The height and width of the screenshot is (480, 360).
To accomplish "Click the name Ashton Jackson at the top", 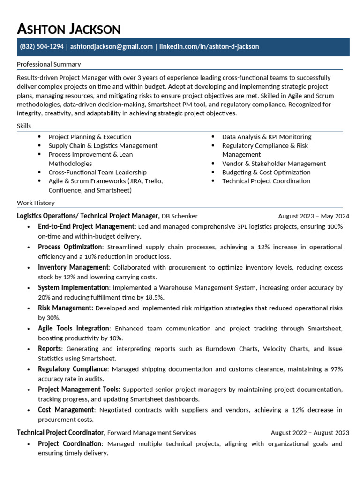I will (x=68, y=29).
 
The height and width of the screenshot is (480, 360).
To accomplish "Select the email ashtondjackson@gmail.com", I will (x=112, y=47).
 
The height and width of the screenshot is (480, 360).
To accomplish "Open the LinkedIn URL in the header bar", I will (x=209, y=47).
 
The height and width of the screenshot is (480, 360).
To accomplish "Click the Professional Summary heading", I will (x=49, y=64).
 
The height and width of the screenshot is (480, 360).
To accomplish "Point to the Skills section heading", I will (x=24, y=126).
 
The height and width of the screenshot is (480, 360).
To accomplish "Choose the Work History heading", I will (x=36, y=203).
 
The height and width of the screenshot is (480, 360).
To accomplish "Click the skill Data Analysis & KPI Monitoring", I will (x=267, y=137).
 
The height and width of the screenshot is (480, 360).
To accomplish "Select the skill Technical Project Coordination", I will (x=266, y=181).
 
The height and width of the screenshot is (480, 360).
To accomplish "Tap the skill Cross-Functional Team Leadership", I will (x=97, y=172).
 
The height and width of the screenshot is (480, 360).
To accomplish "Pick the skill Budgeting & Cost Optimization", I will (x=266, y=172).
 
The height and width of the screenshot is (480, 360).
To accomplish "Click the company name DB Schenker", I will (x=180, y=216).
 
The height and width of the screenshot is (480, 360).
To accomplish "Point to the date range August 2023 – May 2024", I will (x=314, y=216).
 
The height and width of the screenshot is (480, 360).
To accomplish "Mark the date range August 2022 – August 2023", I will (x=310, y=433).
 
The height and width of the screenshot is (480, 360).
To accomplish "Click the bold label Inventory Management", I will (x=73, y=267).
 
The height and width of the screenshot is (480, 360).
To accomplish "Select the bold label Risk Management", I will (x=66, y=308).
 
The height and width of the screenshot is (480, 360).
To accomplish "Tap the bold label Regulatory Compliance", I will (x=73, y=369).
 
